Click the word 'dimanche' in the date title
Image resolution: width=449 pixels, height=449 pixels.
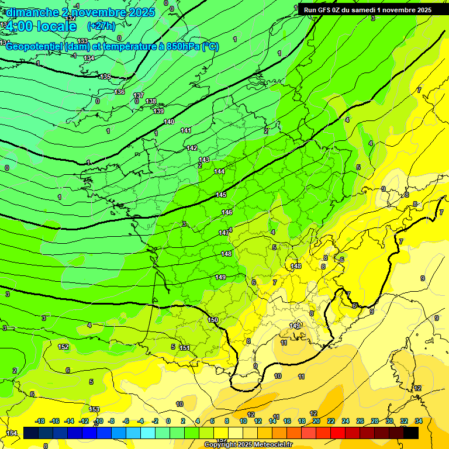[33, 12]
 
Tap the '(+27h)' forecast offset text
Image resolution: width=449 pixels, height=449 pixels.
[101, 26]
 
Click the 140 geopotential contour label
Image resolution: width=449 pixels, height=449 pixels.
[169, 122]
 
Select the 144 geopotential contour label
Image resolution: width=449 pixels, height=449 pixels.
[219, 171]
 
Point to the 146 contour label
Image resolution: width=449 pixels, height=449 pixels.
[227, 212]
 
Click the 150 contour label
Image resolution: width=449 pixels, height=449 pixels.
[213, 320]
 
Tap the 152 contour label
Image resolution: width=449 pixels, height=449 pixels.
[63, 347]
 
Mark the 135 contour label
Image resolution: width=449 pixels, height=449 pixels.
[105, 77]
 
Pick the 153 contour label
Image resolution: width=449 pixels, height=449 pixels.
[94, 409]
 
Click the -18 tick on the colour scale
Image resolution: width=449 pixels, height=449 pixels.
[40, 421]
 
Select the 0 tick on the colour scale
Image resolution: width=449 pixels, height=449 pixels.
[168, 421]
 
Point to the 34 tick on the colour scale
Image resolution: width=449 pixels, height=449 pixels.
[419, 421]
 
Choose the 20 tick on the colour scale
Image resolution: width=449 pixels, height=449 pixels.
[316, 421]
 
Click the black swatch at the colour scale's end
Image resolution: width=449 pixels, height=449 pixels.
[411, 433]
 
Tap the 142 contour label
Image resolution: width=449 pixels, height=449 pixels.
[192, 148]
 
